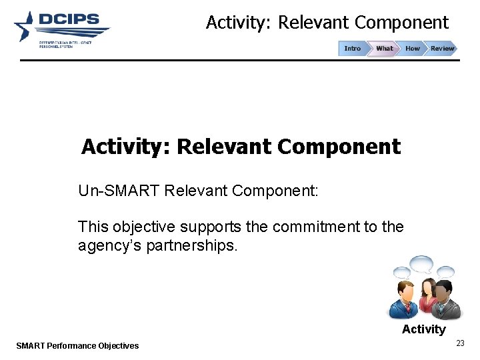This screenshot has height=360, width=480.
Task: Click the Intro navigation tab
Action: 352,49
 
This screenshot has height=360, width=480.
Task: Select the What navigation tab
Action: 384,49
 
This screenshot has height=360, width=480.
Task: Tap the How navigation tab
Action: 413,49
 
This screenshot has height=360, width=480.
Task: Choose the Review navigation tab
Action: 442,49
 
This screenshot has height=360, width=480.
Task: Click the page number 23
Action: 460,343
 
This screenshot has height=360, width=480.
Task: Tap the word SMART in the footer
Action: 31,345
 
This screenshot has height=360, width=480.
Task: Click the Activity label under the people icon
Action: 423,329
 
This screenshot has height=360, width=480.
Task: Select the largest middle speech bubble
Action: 422,264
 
